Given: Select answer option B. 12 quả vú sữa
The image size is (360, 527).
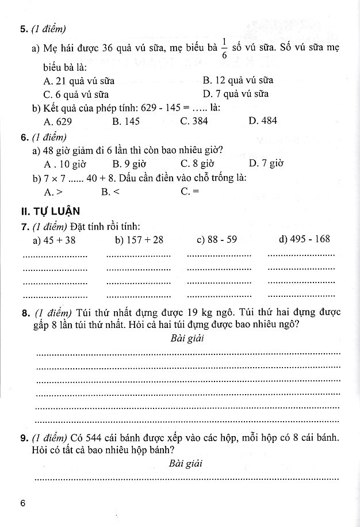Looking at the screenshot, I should tap(238, 81).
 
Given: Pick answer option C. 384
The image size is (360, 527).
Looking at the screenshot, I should tap(194, 121).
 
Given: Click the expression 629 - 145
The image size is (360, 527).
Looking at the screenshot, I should tap(160, 108).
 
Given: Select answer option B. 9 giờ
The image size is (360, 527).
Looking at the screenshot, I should tap(129, 163).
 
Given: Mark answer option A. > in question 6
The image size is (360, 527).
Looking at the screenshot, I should tap(53, 192).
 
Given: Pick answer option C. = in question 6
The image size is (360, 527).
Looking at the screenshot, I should tap(190, 192).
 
